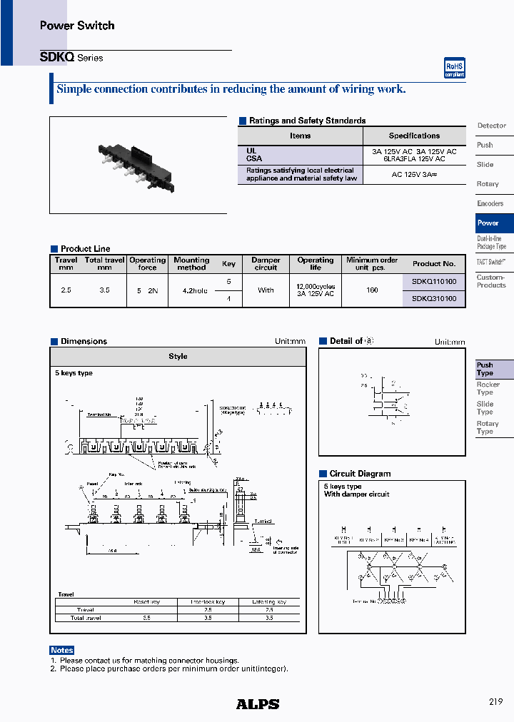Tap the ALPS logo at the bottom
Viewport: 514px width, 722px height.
[x=258, y=703]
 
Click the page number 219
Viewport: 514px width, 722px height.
[x=496, y=702]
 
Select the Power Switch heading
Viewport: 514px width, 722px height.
[x=77, y=26]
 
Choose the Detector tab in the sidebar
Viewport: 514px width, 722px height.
[x=492, y=126]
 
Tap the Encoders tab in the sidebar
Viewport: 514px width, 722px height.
[x=490, y=203]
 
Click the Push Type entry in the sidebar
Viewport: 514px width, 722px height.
[x=485, y=369]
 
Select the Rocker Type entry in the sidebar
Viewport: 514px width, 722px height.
[x=488, y=388]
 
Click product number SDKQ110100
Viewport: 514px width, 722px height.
[x=434, y=282]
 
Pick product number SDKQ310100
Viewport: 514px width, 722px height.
[x=434, y=298]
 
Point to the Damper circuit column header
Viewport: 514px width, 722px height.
[x=266, y=263]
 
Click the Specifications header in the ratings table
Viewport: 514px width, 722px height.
[x=414, y=136]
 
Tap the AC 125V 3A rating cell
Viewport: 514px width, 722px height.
[x=414, y=175]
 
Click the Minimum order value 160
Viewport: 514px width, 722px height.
[x=372, y=290]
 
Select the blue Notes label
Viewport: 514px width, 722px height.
[x=62, y=650]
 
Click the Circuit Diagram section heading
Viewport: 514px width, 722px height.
[x=360, y=474]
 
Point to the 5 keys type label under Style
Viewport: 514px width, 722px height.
[x=74, y=373]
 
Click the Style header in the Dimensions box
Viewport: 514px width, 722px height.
[x=178, y=356]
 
